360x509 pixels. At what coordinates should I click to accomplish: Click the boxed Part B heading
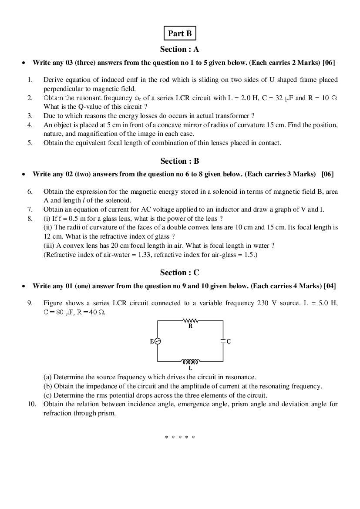180,34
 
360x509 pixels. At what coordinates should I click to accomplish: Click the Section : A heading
179,49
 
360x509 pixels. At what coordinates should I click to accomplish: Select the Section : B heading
179,161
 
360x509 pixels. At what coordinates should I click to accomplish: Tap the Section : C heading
179,273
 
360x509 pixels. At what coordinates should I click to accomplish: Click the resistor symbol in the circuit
190,320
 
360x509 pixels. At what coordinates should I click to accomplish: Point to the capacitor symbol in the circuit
223,341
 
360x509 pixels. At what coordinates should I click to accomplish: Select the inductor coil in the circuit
190,361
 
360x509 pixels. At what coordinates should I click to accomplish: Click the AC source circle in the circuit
158,341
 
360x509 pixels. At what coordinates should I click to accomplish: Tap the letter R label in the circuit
190,326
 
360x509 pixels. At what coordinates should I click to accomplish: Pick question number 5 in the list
30,143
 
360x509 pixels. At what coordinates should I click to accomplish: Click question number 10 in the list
32,404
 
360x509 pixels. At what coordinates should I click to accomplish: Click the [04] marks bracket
330,286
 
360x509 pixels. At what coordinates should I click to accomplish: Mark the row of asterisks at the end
180,437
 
